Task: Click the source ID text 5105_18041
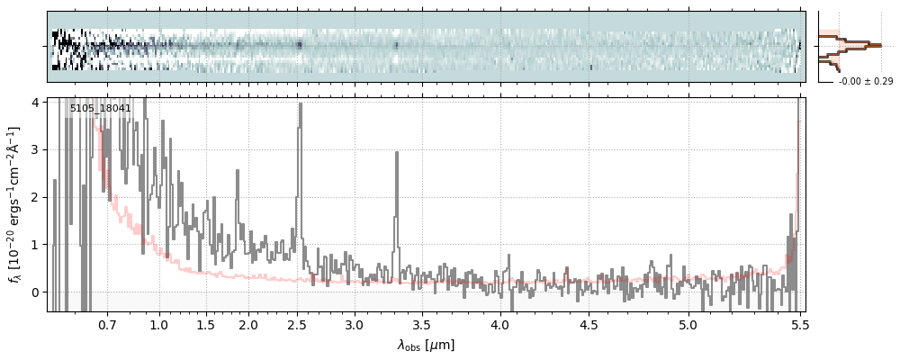click(101, 109)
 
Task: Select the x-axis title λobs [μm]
click(426, 345)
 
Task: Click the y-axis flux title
click(15, 205)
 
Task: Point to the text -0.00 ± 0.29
click(866, 82)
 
